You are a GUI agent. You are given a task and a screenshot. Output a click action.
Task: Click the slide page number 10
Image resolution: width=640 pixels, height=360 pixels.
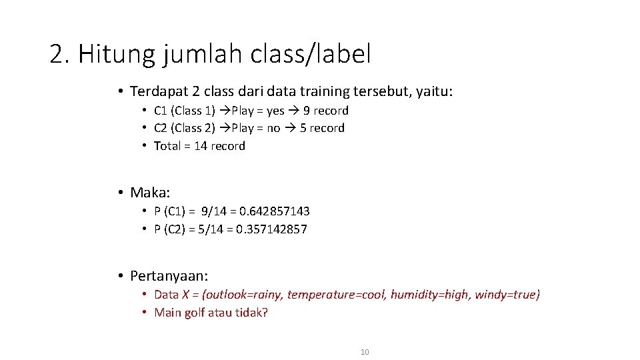364,351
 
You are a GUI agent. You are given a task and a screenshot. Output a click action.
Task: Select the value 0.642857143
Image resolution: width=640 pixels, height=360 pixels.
275,211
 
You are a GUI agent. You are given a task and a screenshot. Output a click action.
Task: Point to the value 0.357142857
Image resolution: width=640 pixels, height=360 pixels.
273,229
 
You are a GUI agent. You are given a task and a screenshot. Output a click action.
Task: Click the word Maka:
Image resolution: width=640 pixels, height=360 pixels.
150,193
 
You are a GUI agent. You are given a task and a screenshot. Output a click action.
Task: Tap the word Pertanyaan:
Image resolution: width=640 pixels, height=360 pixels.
169,276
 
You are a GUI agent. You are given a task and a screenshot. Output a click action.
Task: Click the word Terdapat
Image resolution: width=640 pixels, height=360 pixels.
157,91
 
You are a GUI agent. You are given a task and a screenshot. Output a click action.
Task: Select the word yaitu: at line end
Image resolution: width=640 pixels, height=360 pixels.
435,91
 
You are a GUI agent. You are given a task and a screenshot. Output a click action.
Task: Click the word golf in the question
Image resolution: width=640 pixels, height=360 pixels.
195,313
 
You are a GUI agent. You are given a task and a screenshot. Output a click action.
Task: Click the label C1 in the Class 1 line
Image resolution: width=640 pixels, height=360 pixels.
161,111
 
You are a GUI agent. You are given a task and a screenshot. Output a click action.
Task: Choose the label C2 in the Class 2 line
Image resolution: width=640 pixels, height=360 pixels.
161,128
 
